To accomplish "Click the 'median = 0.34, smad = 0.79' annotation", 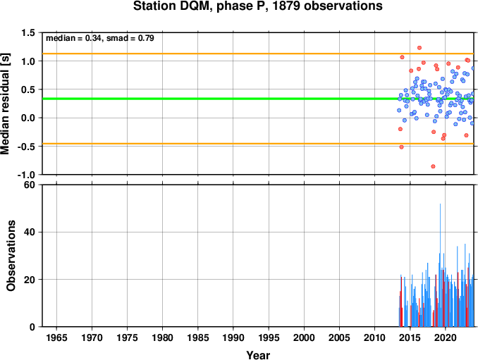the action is pos(100,38).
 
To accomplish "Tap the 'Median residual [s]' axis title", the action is pos(5,104).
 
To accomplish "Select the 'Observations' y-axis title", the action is pos(11,256).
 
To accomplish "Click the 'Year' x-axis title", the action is pos(258,355).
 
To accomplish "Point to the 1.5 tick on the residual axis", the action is pos(27,32).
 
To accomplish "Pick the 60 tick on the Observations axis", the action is pos(30,185).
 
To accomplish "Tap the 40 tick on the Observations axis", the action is pos(30,232).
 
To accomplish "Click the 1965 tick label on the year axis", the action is pos(56,337).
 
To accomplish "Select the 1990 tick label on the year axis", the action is pos(233,337).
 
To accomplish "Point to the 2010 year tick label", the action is pos(374,337).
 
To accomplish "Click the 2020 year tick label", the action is pos(446,337).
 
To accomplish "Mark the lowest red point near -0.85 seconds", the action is pos(433,166).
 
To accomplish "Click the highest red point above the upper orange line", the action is pos(419,48).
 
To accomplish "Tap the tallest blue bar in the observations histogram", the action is pos(440,265).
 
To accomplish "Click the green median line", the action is pos(258,99).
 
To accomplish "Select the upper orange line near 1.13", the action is pos(258,54).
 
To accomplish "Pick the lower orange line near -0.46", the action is pos(258,144).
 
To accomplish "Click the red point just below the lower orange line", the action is pos(401,147).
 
